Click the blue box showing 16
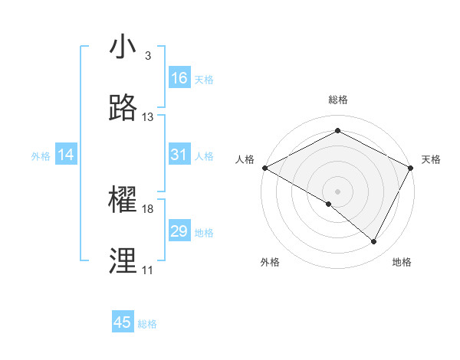(x=179, y=78)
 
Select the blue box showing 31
(x=179, y=155)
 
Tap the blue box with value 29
(x=179, y=231)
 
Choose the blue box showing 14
(x=66, y=155)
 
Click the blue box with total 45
(x=123, y=322)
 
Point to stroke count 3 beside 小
(x=148, y=56)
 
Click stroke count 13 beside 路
(x=148, y=117)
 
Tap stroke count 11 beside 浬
(x=147, y=270)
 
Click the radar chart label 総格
(x=338, y=100)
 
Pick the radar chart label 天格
(x=431, y=159)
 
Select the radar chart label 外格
(x=270, y=262)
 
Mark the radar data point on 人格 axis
(x=264, y=167)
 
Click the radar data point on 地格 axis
(x=374, y=241)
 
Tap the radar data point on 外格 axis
(x=329, y=204)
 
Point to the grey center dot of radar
(x=338, y=191)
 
